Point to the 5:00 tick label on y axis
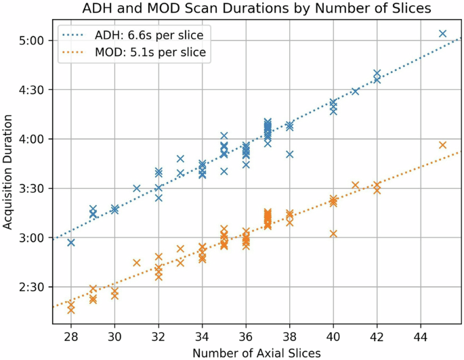32,41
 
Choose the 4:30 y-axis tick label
32,90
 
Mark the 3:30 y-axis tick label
32,189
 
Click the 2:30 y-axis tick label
32,288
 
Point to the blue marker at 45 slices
442,33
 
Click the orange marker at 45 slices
442,145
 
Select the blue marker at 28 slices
71,242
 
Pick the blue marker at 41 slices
355,91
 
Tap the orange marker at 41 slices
355,185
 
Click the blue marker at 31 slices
137,188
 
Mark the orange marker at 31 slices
137,263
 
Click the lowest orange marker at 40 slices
333,233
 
